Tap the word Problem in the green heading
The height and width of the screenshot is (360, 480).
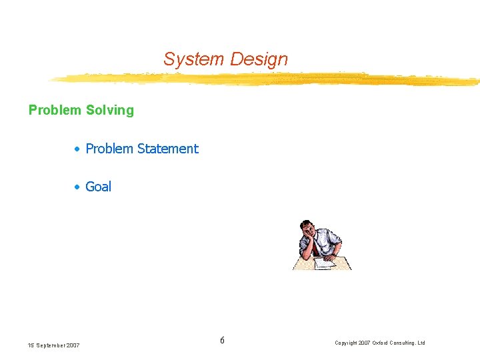[x=55, y=110]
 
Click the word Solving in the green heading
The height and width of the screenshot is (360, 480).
[x=110, y=110]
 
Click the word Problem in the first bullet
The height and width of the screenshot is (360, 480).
[x=109, y=149]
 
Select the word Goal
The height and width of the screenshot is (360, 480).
[x=98, y=187]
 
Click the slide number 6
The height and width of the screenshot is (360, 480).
[x=222, y=341]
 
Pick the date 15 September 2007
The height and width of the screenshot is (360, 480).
[x=53, y=345]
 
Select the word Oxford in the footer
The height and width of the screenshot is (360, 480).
[x=383, y=343]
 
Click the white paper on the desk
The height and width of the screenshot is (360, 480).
[x=325, y=263]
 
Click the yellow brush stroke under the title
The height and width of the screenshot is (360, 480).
[x=267, y=79]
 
